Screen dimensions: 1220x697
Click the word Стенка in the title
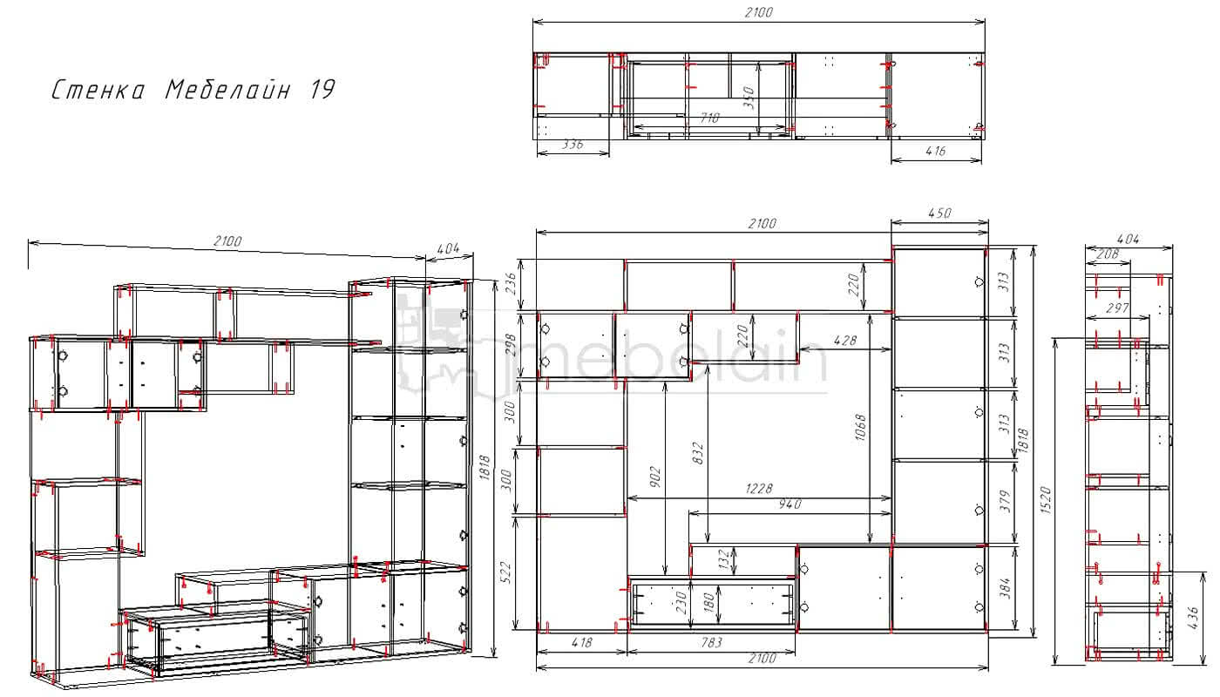point(98,90)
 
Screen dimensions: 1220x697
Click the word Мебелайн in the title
point(227,89)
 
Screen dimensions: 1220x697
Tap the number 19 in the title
point(322,89)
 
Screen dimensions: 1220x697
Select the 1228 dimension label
point(759,489)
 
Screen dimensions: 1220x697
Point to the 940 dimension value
point(790,504)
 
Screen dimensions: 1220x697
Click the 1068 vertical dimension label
point(860,428)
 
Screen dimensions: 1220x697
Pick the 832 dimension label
point(698,453)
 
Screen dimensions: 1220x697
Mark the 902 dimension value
point(655,477)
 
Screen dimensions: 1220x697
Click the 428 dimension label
point(845,341)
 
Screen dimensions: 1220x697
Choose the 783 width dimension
point(711,643)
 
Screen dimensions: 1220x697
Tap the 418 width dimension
point(582,643)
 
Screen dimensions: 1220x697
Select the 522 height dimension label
point(506,573)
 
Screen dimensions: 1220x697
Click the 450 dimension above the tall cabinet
point(939,213)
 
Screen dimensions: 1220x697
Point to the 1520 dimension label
point(1046,500)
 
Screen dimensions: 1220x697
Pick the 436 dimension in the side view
point(1192,618)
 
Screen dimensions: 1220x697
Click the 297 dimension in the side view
point(1117,308)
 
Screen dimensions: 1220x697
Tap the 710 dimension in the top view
point(709,118)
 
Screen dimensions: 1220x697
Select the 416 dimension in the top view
point(936,151)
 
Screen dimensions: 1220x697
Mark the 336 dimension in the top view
point(573,145)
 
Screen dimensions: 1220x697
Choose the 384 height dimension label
point(1006,589)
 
